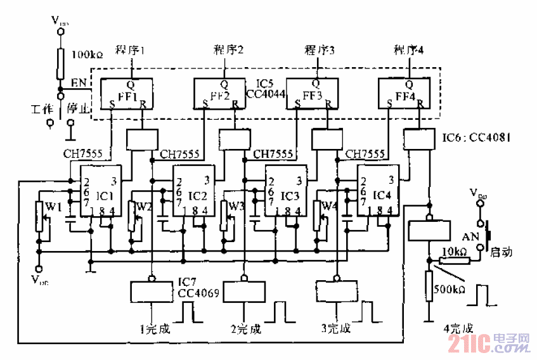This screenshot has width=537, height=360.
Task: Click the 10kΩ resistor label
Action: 455,252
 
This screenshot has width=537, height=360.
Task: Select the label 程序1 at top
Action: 131,50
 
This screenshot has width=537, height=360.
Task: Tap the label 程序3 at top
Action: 319,50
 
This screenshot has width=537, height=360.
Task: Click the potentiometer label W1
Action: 53,206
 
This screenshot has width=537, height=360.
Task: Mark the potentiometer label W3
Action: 236,206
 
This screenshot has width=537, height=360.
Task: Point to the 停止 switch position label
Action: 75,108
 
